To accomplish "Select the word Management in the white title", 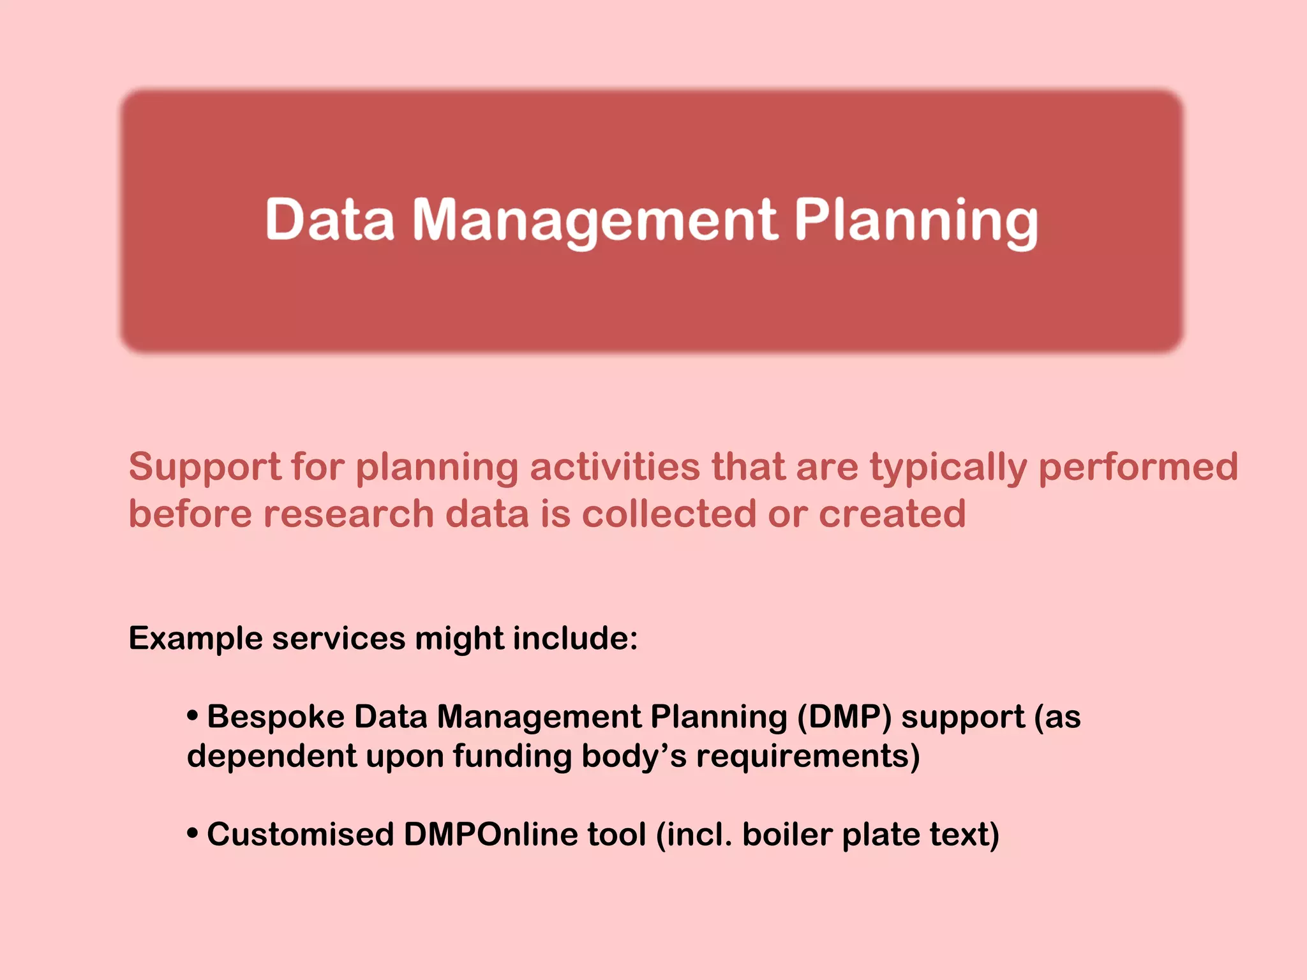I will coord(595,220).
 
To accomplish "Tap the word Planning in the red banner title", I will coord(916,220).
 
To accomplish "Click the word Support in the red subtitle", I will coord(205,467).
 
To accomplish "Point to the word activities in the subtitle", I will coord(615,466).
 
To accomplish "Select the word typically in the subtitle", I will coord(948,468).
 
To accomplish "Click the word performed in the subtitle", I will coord(1138,466).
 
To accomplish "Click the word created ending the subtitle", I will coord(892,514).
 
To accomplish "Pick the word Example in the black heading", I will coord(195,639).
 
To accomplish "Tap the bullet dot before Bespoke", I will coord(192,716).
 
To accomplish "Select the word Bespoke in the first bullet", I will coord(276,716).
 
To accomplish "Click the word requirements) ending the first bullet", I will coord(808,757).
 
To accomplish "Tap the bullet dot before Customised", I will coord(192,833).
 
